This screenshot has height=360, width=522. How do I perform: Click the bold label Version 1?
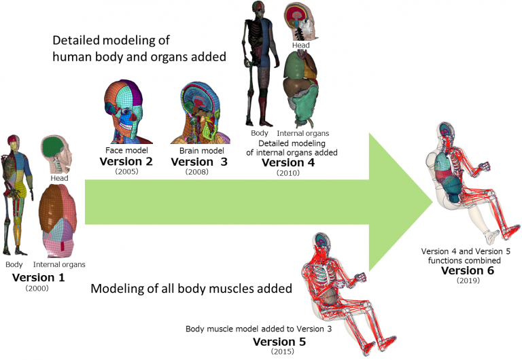[37, 277]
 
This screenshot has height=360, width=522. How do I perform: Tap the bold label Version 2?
[126, 162]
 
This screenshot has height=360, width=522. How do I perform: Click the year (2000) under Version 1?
[37, 289]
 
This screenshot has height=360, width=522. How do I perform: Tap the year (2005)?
[127, 173]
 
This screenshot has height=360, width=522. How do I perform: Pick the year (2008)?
[196, 173]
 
